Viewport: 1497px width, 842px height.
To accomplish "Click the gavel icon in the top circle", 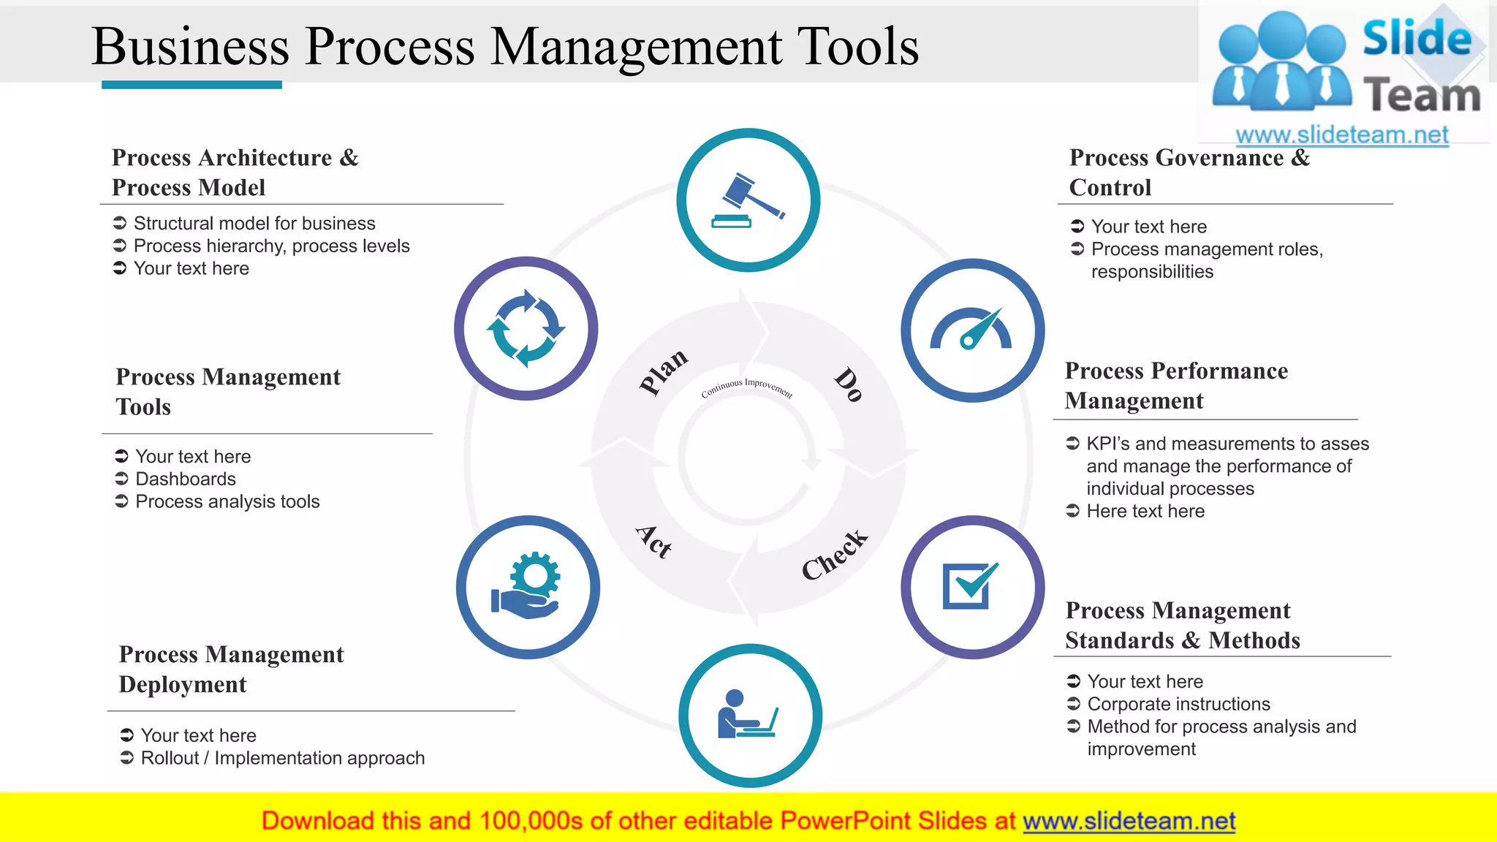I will tap(748, 200).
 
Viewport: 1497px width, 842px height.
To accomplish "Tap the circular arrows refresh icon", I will tap(526, 328).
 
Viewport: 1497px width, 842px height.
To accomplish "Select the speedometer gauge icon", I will tap(971, 330).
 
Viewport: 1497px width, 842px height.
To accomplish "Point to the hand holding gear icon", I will tap(527, 586).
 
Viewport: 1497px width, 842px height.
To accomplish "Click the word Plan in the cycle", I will tap(663, 371).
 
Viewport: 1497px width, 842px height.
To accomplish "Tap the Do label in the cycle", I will tap(849, 384).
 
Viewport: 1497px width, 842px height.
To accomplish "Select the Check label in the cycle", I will tap(834, 555).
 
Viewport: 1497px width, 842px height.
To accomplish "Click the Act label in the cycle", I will tap(653, 542).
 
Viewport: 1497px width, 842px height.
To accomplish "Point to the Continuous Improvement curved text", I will tap(746, 387).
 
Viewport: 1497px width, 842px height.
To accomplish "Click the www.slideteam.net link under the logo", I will tap(1341, 134).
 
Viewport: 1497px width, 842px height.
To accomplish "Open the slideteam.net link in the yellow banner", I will tap(1129, 821).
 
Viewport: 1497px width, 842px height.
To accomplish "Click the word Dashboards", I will tap(186, 479).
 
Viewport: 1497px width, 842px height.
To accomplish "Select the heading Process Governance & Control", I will tap(1189, 172).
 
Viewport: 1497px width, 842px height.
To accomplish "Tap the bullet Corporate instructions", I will tap(1178, 704).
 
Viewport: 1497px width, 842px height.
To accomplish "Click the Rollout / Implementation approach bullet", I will tap(282, 758).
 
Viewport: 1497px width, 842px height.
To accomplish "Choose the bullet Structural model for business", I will tap(254, 223).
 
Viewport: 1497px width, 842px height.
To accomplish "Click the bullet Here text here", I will tap(1145, 511).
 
